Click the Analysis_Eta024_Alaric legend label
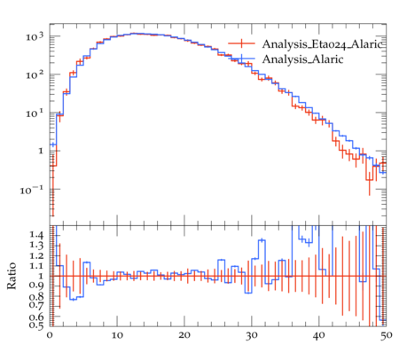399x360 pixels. [x=324, y=44]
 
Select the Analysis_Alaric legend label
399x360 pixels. [x=302, y=59]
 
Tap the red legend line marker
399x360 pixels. [x=241, y=43]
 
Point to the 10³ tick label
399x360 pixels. [x=35, y=36]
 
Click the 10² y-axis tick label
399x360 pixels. [x=35, y=74]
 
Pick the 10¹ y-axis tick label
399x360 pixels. [x=35, y=113]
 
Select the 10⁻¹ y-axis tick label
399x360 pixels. [x=32, y=190]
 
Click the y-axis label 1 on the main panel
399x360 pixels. [x=41, y=151]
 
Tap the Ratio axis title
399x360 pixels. [x=12, y=276]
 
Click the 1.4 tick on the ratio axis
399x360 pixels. [x=36, y=235]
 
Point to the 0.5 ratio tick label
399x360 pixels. [x=36, y=325]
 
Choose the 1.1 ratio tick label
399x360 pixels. [x=36, y=266]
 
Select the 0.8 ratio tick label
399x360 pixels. [x=36, y=296]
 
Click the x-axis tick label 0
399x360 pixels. [x=50, y=335]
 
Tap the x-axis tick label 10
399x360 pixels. [x=117, y=335]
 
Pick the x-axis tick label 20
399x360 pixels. [x=184, y=335]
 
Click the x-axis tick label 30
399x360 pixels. [x=252, y=336]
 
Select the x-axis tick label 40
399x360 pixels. [x=319, y=336]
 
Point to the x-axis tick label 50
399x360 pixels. [x=386, y=336]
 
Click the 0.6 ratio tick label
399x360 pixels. [x=36, y=317]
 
